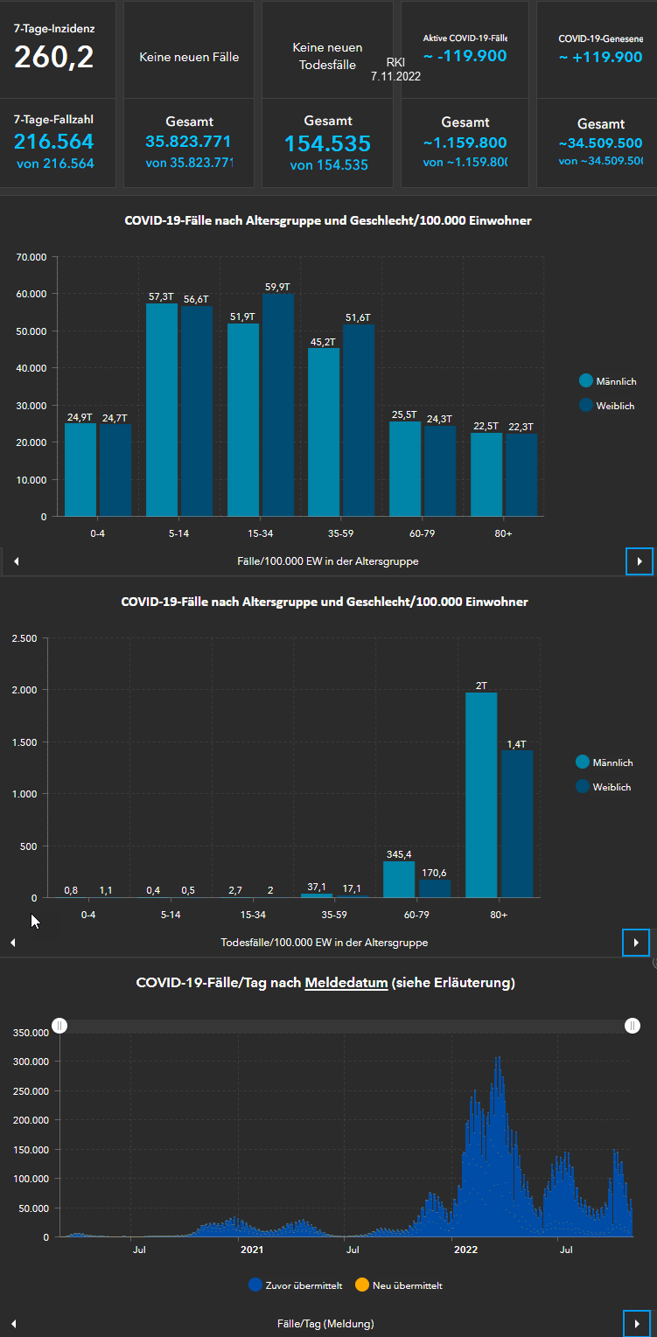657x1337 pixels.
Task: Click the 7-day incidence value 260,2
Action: [54, 58]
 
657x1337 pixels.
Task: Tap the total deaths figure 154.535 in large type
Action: [327, 143]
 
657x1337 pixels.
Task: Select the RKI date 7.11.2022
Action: [395, 77]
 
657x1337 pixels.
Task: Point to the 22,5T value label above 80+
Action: [486, 427]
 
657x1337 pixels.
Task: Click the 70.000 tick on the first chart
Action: [31, 257]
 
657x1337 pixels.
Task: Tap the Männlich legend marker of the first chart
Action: [586, 380]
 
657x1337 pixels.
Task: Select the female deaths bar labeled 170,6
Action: [435, 888]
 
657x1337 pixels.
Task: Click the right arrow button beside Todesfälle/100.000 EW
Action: [636, 943]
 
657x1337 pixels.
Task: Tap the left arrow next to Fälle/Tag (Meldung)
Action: [13, 1324]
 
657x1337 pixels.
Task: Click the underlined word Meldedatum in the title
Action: [346, 983]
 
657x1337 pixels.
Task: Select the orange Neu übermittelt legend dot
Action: [362, 1285]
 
